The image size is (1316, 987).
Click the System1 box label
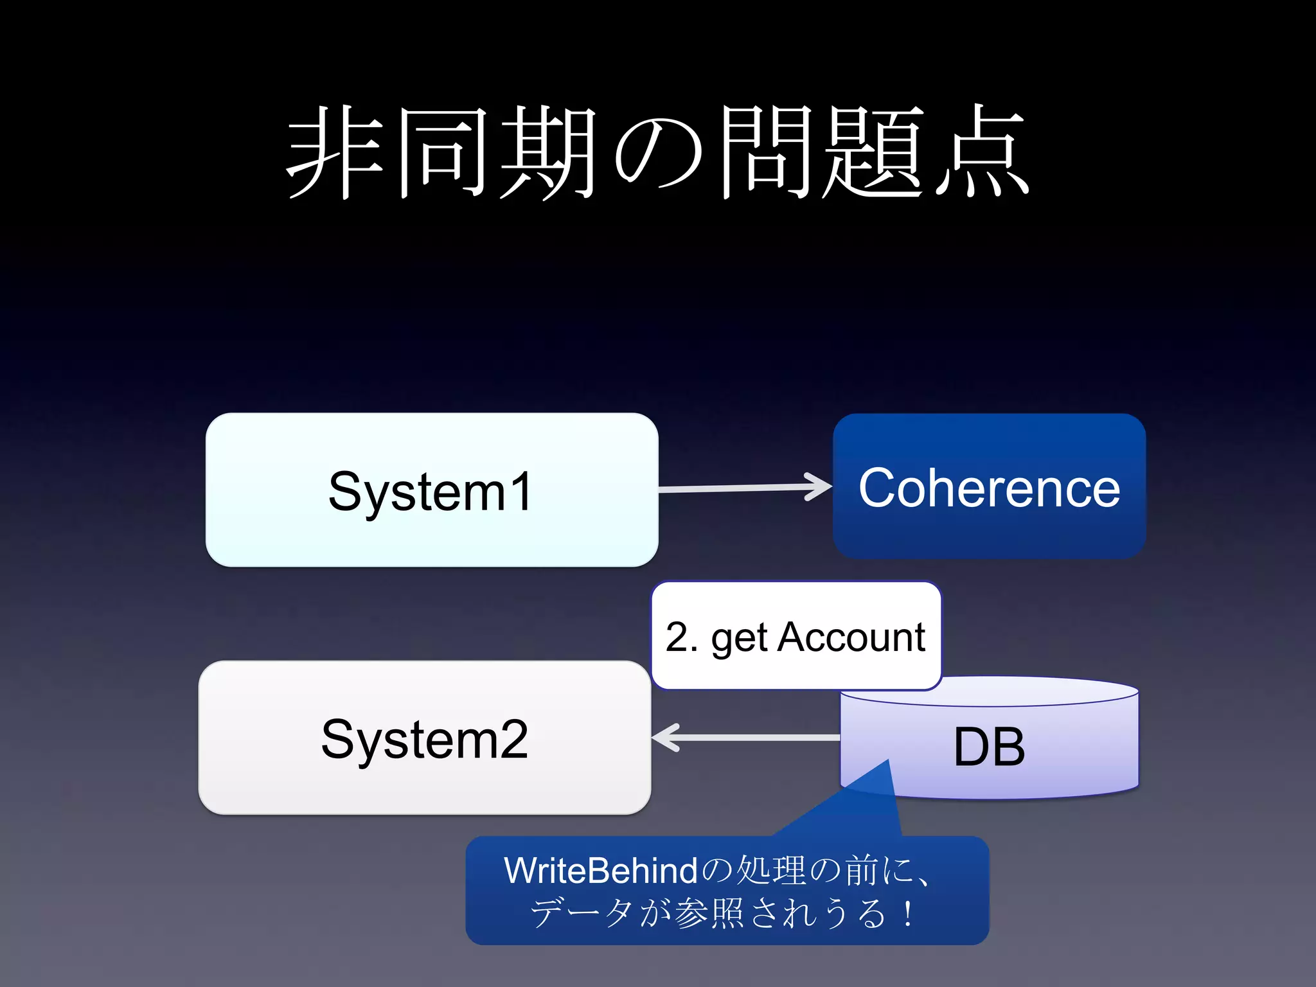point(430,492)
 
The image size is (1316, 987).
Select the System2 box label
point(424,740)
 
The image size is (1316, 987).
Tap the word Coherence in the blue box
point(989,488)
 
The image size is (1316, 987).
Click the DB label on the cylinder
point(989,747)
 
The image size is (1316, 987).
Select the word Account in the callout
point(851,637)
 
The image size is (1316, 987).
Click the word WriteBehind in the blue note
point(600,871)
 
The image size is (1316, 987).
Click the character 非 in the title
point(335,152)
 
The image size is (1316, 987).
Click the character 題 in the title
point(873,152)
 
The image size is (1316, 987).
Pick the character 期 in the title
point(547,152)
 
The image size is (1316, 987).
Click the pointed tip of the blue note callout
point(888,761)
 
